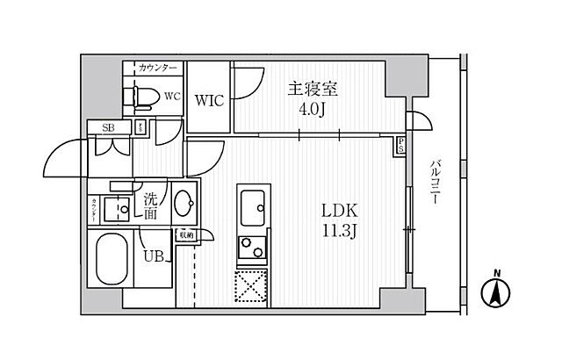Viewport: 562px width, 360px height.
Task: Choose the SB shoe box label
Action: click(x=109, y=127)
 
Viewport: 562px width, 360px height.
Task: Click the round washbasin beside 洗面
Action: click(x=184, y=205)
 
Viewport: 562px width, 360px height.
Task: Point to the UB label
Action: click(x=153, y=258)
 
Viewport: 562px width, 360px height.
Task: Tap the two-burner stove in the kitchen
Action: click(x=254, y=248)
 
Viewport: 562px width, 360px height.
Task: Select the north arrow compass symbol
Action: click(x=497, y=292)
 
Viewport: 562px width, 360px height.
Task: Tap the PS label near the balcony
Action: click(x=401, y=144)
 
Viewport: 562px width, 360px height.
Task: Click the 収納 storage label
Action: click(x=185, y=234)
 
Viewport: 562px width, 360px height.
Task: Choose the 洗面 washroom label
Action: click(x=151, y=205)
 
